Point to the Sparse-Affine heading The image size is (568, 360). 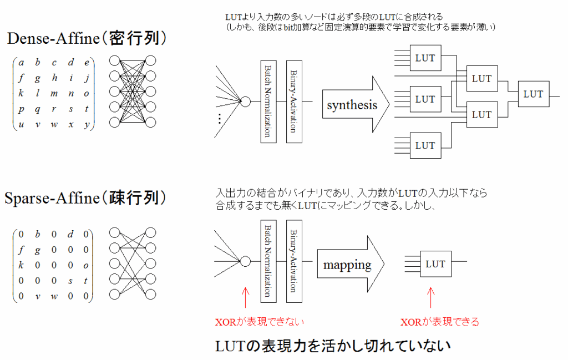point(87,199)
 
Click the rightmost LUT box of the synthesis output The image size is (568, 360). point(533,95)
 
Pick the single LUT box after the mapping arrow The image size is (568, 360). point(435,264)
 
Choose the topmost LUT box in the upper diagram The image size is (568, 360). point(425,58)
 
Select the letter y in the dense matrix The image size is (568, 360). point(87,124)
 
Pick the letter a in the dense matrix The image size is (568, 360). point(22,63)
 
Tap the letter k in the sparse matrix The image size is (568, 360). point(22,265)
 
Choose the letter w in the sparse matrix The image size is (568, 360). point(54,296)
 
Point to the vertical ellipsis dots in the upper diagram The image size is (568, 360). point(220,118)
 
